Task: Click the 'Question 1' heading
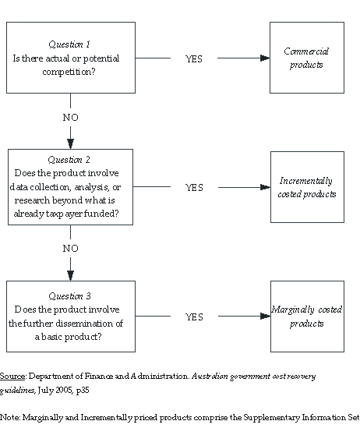coord(70,44)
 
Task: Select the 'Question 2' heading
coord(70,160)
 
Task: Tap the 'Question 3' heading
coord(70,296)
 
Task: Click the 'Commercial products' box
coord(306,58)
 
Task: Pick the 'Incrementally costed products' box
coord(306,187)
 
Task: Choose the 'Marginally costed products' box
coord(306,317)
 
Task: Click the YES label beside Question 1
coord(194,58)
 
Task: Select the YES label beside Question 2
coord(194,188)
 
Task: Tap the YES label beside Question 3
coord(194,317)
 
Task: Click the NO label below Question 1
coord(71,118)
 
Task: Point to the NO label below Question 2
coord(71,248)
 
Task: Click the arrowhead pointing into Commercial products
coord(264,58)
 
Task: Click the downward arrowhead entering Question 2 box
coord(71,143)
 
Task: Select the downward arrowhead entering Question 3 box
coord(71,274)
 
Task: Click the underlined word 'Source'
coord(12,376)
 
